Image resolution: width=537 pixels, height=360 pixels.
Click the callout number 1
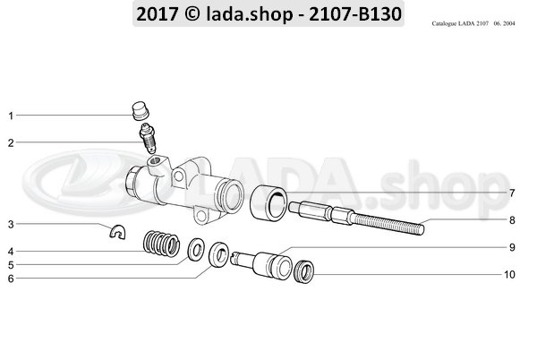11,116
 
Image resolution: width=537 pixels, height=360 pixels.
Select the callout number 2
11,141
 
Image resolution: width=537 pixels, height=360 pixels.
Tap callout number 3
11,224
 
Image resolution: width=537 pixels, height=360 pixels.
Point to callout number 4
11,251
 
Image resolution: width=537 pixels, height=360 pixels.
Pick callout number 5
11,264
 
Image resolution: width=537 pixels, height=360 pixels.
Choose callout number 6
11,279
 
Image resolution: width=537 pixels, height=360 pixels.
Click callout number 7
512,193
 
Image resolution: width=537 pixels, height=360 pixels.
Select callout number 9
512,246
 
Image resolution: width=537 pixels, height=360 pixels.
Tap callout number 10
509,274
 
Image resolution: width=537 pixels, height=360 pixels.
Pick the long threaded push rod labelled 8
358,219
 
